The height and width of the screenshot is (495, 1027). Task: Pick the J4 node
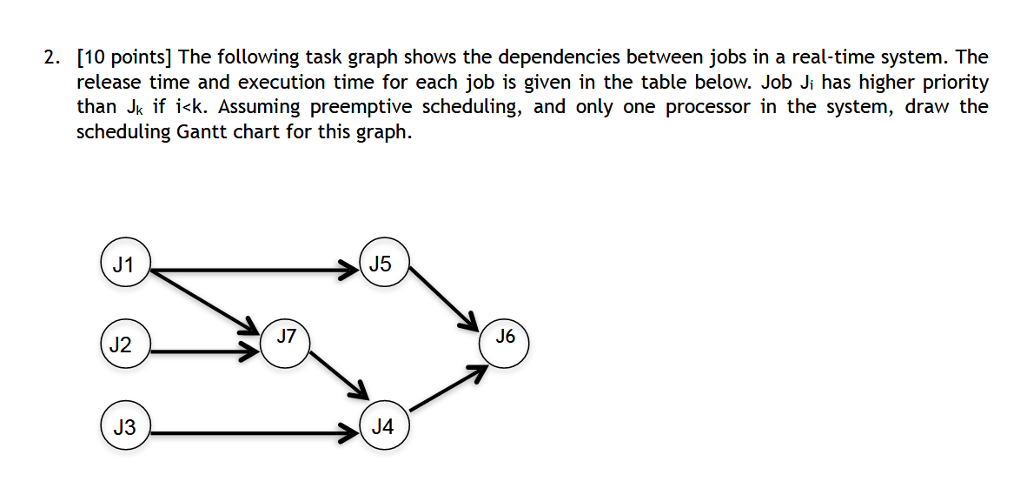(x=382, y=427)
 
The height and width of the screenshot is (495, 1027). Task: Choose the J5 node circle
(x=381, y=264)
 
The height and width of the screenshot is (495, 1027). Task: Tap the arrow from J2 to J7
(x=205, y=352)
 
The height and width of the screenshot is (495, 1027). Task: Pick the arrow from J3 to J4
(x=252, y=432)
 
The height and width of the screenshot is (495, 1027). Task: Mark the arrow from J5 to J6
(x=443, y=296)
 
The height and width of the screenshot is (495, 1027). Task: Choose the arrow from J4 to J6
(x=446, y=389)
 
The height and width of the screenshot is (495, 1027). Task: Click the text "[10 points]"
(x=125, y=58)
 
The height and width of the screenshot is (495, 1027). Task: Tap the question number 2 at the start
(x=52, y=58)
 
